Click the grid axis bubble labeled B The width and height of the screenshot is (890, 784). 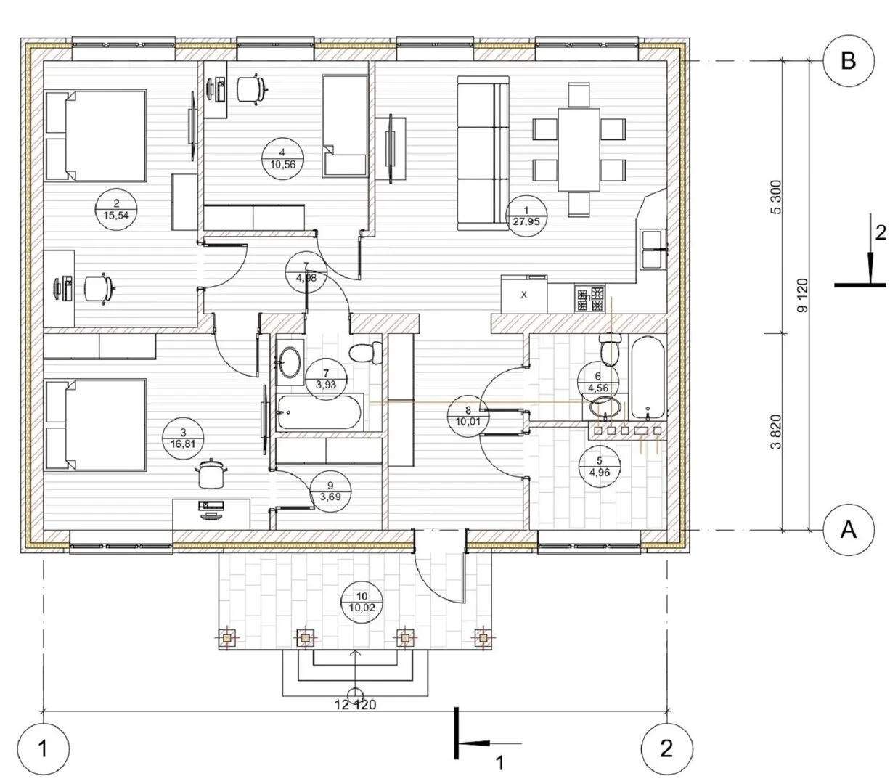pyautogui.click(x=848, y=60)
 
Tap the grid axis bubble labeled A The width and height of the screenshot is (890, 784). pyautogui.click(x=848, y=530)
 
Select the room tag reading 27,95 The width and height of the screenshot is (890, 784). pyautogui.click(x=526, y=216)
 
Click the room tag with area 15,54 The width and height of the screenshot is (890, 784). pyautogui.click(x=116, y=209)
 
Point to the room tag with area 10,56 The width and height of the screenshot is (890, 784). pyautogui.click(x=282, y=158)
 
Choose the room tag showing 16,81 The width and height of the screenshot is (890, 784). pyautogui.click(x=183, y=438)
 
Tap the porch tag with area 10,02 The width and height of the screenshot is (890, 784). pyautogui.click(x=362, y=603)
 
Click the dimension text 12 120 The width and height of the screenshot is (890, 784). pyautogui.click(x=356, y=704)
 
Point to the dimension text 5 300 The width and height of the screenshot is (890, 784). pyautogui.click(x=777, y=197)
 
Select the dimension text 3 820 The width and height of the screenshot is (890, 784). pyautogui.click(x=776, y=431)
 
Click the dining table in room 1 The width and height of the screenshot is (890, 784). pyautogui.click(x=579, y=150)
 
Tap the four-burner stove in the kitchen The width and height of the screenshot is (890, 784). pyautogui.click(x=589, y=299)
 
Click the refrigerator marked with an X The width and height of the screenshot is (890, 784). pyautogui.click(x=524, y=294)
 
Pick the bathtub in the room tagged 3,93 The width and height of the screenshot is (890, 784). pyautogui.click(x=319, y=412)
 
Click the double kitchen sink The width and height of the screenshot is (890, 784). pyautogui.click(x=653, y=248)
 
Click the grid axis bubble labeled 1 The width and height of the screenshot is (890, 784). pyautogui.click(x=43, y=748)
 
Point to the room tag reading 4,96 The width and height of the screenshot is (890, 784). pyautogui.click(x=600, y=467)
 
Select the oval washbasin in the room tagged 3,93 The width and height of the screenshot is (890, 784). pyautogui.click(x=290, y=362)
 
